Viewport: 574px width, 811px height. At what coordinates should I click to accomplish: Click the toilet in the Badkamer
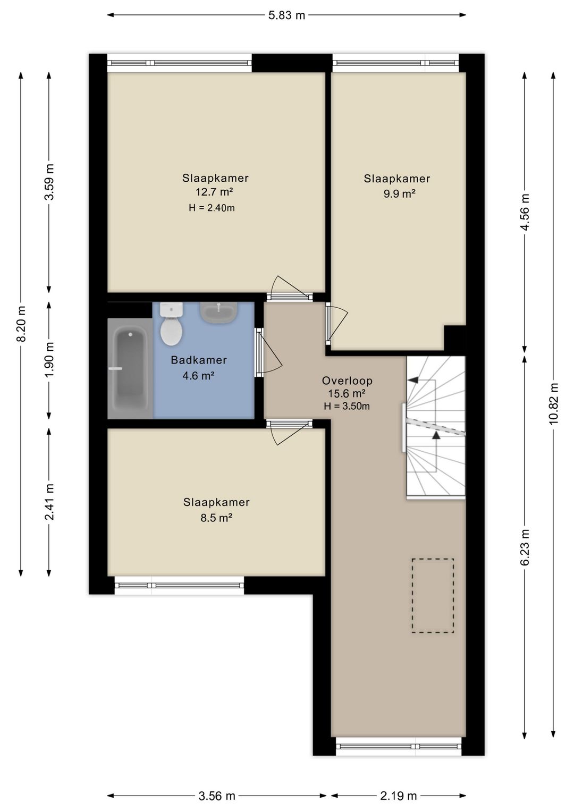tap(171, 324)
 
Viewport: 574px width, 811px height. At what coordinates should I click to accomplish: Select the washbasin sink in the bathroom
tap(219, 312)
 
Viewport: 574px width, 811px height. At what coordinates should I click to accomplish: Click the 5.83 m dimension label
tap(286, 15)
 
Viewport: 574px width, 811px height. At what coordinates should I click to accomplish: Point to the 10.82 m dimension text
tap(553, 403)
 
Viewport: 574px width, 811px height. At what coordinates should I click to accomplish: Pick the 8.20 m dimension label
tap(21, 324)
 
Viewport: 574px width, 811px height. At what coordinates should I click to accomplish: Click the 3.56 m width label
tap(216, 796)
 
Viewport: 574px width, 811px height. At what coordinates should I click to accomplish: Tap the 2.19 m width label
tap(398, 796)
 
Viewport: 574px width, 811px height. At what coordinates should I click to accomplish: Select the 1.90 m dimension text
tap(49, 359)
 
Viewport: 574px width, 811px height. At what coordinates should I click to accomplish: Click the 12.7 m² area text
tap(214, 192)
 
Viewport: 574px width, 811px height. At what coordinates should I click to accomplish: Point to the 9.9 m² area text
tap(399, 193)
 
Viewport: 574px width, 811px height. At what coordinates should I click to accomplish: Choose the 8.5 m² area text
tap(216, 518)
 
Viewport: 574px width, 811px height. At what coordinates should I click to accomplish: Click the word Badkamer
tap(199, 360)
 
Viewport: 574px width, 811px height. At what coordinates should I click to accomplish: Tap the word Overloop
tap(347, 381)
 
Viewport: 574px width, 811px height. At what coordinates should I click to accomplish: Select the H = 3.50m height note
tap(347, 406)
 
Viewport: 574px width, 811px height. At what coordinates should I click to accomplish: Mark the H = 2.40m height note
tap(212, 208)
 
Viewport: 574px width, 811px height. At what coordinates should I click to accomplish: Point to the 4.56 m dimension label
tap(526, 212)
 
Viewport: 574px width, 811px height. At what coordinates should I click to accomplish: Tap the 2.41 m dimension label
tap(49, 502)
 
